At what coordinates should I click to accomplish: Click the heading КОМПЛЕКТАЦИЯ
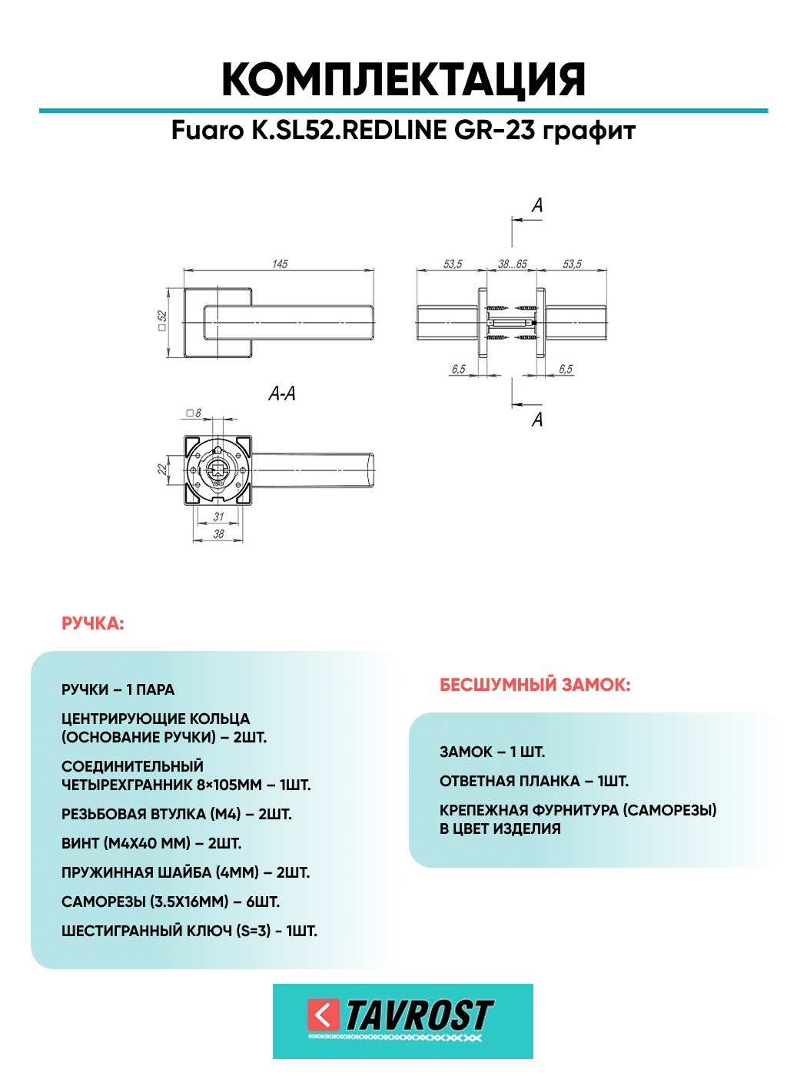click(403, 80)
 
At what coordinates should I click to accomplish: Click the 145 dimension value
click(280, 264)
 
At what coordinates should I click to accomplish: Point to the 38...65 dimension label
click(513, 264)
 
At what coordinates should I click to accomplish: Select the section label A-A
click(282, 394)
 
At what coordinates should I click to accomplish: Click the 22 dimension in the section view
click(162, 468)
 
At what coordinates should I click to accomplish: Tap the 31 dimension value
click(219, 516)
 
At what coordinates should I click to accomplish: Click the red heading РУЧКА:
click(93, 623)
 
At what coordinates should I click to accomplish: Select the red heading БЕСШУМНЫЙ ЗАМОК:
click(535, 685)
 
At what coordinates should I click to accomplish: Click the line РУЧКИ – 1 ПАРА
click(118, 689)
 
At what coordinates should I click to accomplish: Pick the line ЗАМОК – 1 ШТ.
click(492, 752)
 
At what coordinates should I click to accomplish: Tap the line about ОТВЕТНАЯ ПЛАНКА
click(534, 781)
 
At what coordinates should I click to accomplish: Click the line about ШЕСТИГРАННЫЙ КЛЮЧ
click(189, 931)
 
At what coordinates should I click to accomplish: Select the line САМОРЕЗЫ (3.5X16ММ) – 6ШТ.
click(171, 902)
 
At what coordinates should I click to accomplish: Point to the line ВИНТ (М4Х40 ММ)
click(151, 843)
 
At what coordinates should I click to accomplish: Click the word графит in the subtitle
click(589, 131)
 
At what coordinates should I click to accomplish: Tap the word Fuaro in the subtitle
click(208, 131)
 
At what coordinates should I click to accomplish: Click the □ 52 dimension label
click(162, 320)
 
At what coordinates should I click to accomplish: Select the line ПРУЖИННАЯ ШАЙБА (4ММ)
click(185, 872)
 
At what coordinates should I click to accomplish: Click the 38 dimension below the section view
click(219, 533)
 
